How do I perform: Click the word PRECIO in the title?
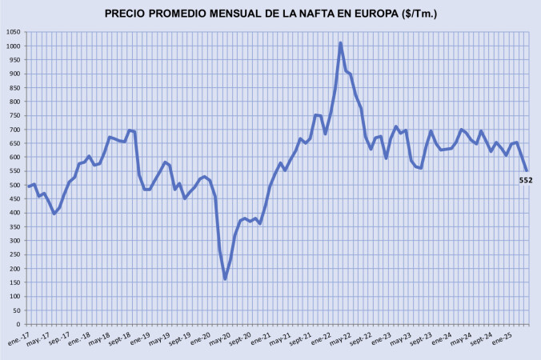click(x=129, y=14)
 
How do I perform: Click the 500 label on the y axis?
click(x=15, y=185)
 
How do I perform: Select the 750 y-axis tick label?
click(x=15, y=115)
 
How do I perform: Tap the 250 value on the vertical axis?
click(x=15, y=254)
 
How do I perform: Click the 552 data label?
click(x=526, y=180)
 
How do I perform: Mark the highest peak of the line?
click(x=341, y=43)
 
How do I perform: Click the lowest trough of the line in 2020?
click(x=225, y=278)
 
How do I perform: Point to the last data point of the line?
click(x=527, y=170)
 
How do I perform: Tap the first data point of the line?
click(x=29, y=186)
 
